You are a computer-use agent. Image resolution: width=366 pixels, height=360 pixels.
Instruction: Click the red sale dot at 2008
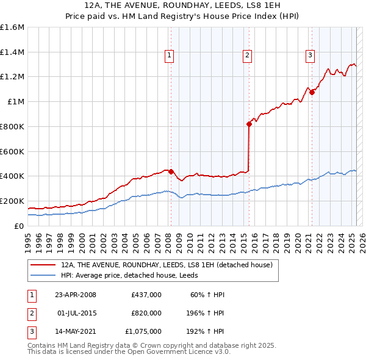click(171, 171)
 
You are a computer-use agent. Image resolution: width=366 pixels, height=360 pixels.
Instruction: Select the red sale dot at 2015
click(249, 124)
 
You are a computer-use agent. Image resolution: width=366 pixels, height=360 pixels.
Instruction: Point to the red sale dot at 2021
click(312, 92)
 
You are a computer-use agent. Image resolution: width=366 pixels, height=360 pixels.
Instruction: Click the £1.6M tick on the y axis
click(12, 27)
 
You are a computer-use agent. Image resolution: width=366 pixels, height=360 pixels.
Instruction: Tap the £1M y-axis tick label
click(16, 101)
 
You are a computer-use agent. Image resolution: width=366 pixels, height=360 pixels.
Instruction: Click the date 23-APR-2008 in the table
click(76, 295)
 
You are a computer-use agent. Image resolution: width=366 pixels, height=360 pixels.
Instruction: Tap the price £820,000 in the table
click(146, 313)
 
